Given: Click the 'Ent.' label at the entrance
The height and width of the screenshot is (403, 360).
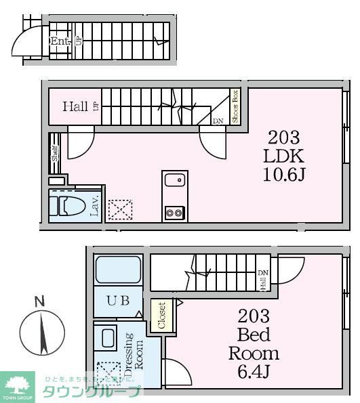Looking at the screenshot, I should [59, 40].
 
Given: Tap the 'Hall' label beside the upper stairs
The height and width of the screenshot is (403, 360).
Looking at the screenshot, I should [75, 106].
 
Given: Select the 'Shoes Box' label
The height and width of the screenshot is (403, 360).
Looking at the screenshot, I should [235, 106].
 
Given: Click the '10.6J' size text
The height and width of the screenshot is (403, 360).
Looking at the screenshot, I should [284, 175].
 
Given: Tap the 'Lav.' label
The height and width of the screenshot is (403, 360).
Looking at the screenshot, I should [96, 205].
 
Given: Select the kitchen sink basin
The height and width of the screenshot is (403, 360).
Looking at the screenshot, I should [174, 181].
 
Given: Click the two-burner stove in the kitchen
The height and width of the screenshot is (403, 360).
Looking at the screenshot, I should [174, 212].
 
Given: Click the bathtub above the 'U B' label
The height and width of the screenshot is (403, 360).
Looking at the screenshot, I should [118, 270].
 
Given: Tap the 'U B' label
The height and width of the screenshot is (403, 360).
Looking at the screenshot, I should [118, 302].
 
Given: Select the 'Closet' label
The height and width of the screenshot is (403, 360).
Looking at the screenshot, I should [161, 316].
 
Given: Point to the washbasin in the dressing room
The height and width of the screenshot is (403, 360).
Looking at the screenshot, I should [107, 337].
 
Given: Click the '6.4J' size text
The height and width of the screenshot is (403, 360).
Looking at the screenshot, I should [254, 372].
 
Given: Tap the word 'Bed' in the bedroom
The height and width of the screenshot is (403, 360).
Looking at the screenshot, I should [254, 335].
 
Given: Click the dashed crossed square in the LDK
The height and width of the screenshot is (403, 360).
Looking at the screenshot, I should [121, 209].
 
